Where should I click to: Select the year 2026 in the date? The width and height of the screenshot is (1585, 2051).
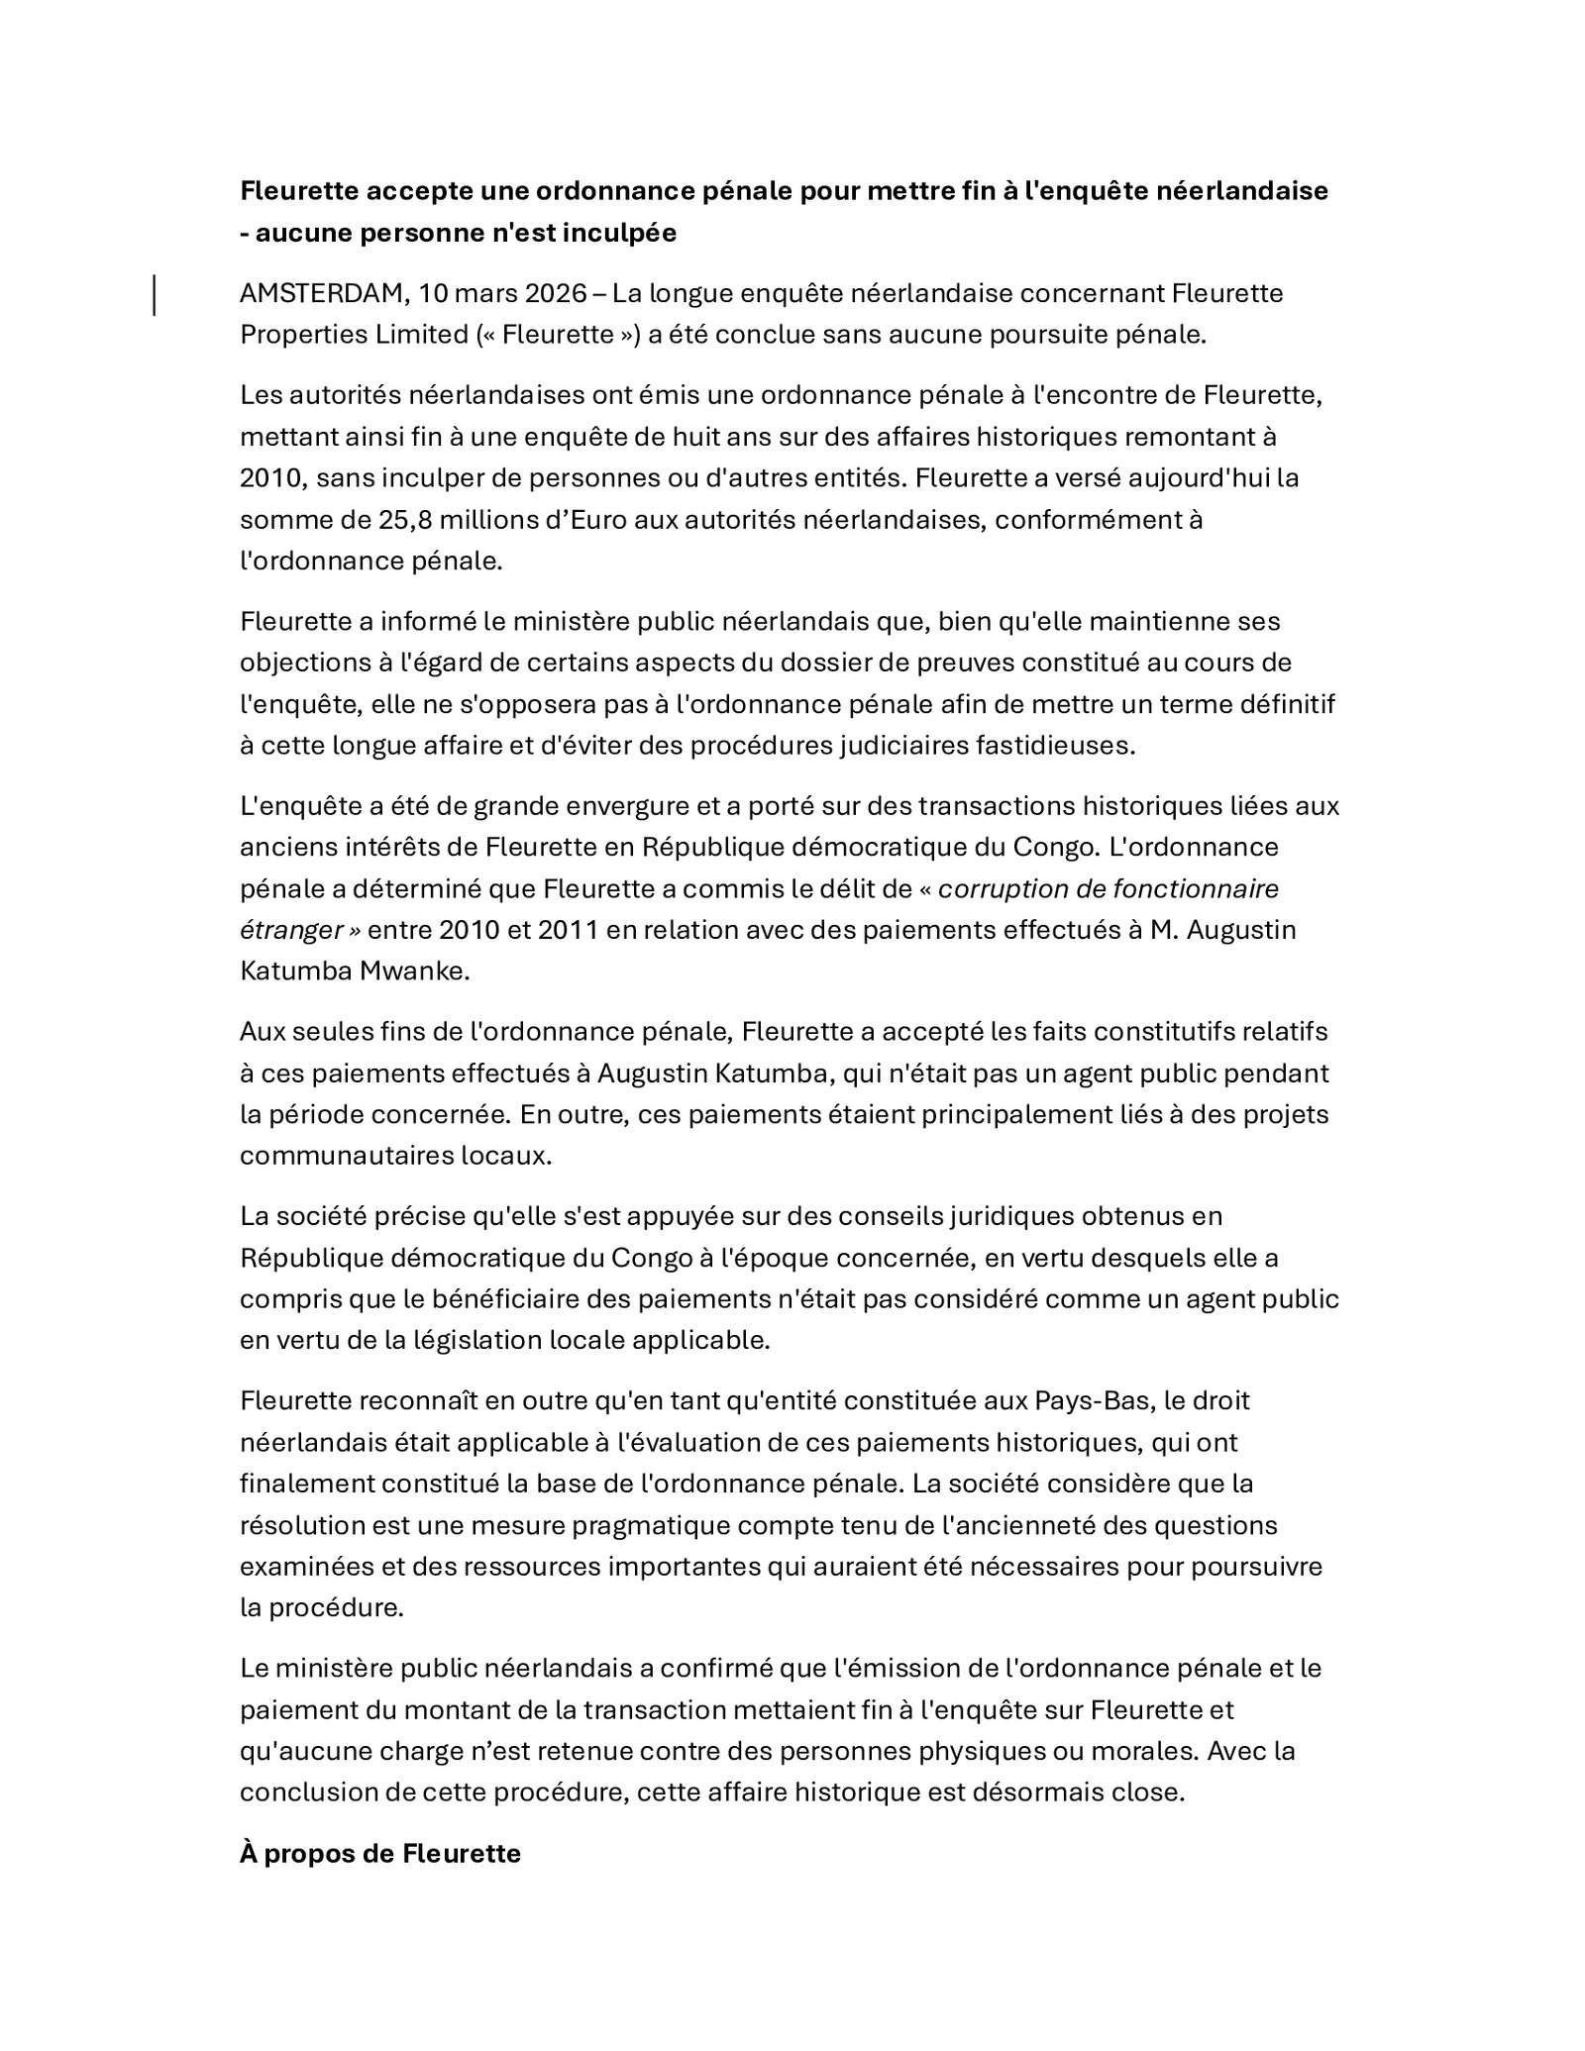click(x=557, y=293)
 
